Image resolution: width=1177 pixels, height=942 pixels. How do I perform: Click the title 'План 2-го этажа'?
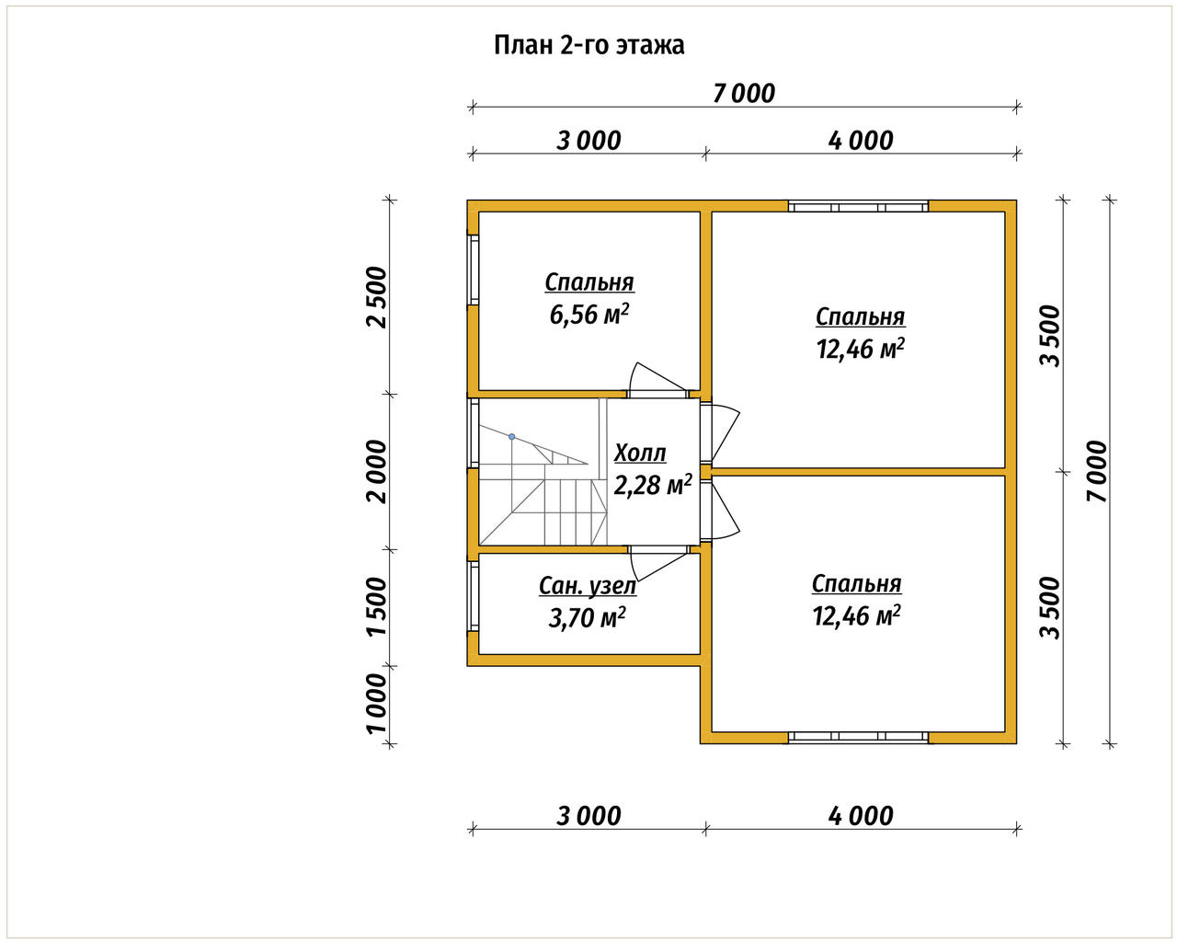589,45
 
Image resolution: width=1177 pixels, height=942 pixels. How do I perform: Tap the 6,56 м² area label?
589,315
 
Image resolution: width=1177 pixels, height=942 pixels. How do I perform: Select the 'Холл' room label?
640,454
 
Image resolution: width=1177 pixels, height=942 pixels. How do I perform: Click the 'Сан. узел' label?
588,586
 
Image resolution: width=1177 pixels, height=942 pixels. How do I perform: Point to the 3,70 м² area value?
587,618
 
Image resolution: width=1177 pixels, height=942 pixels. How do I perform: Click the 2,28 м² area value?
653,485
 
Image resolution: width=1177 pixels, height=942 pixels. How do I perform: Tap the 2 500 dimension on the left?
377,297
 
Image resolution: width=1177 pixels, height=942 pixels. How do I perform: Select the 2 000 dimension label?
377,471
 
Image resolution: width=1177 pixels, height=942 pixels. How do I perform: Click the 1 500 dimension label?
377,607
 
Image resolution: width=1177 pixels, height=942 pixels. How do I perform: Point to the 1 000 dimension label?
377,704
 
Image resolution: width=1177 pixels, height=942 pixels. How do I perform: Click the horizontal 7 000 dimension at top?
744,94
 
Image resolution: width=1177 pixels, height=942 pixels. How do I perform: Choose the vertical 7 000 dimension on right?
1097,471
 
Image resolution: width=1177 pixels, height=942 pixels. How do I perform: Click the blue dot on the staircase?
512,437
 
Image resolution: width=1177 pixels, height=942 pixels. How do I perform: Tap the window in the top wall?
858,206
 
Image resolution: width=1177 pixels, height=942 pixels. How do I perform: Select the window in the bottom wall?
858,738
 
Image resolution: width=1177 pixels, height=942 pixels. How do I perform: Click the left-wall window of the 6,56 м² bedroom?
473,270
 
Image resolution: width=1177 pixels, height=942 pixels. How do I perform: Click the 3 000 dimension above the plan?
588,141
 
